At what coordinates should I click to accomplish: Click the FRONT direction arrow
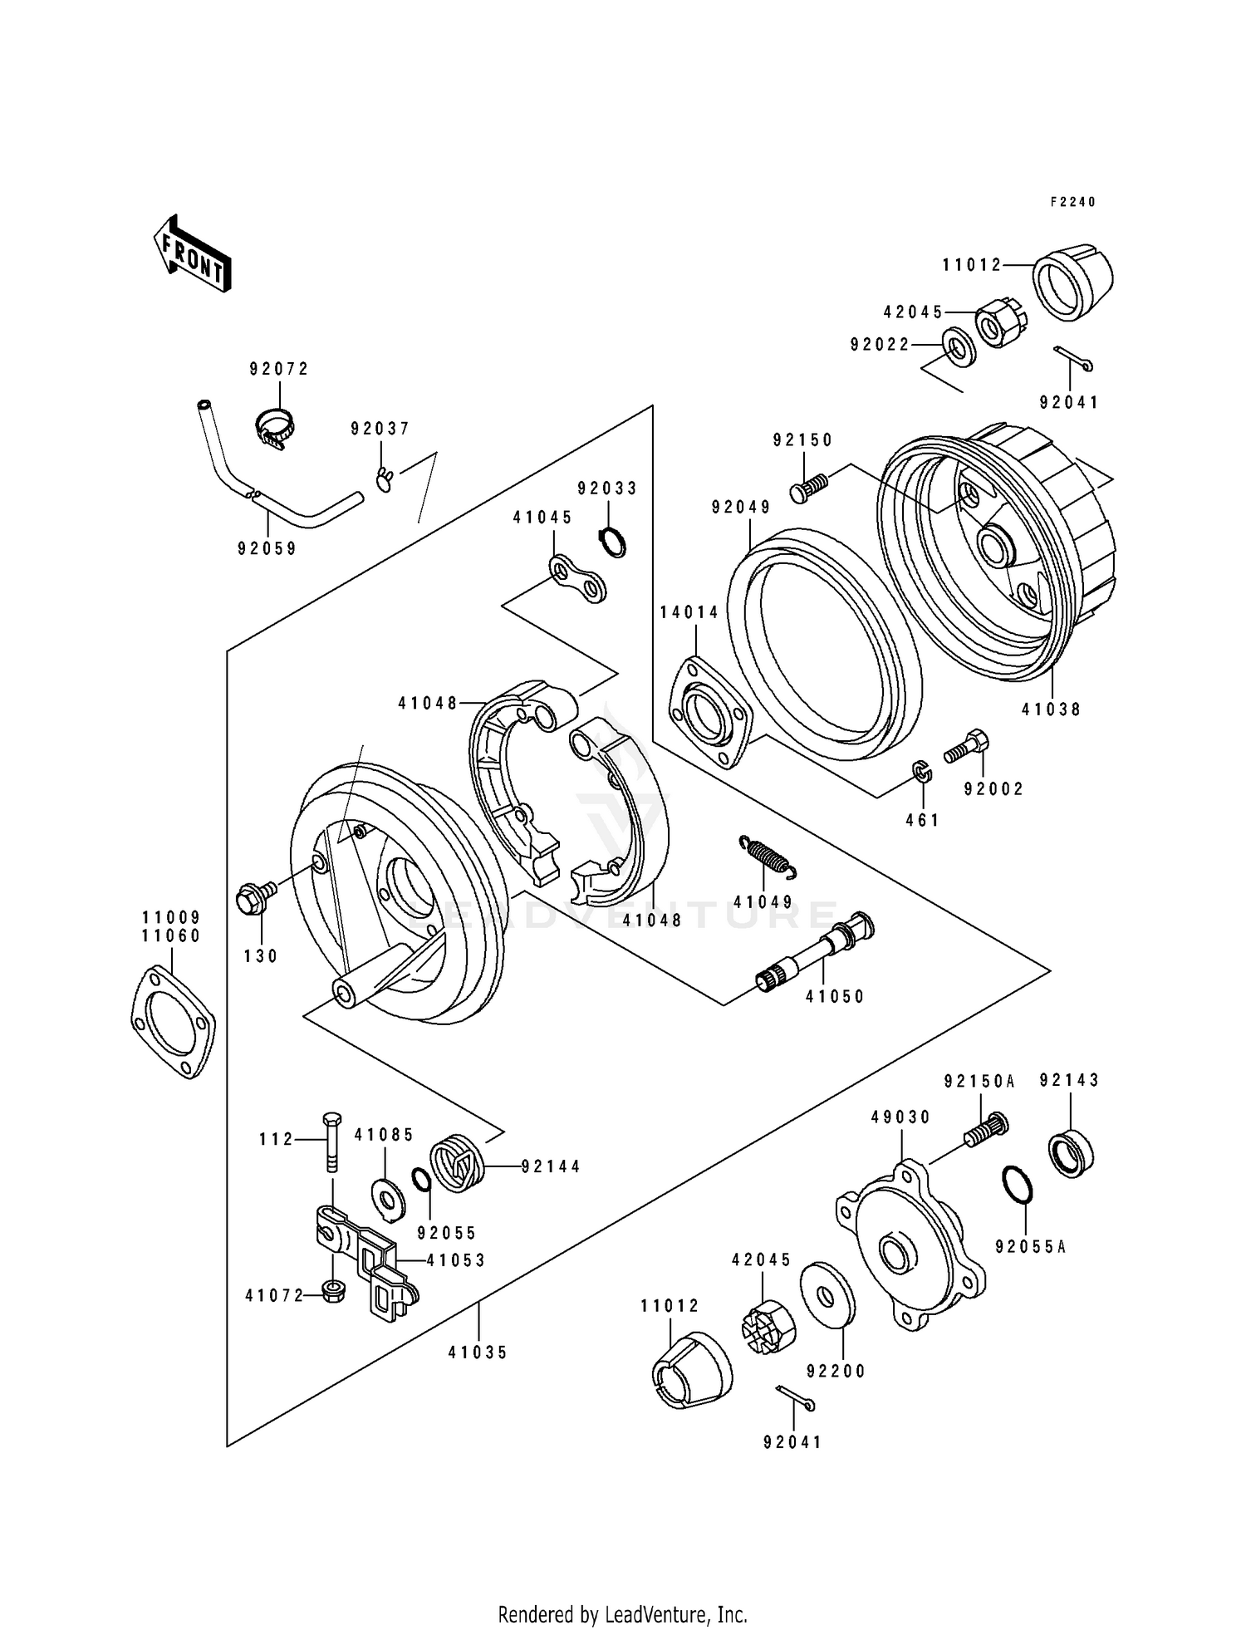click(x=192, y=253)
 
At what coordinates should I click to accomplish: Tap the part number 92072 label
click(x=279, y=369)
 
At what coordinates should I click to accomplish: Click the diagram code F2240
click(x=1072, y=202)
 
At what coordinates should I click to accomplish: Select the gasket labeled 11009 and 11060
click(x=174, y=1021)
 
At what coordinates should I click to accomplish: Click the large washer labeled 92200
click(x=827, y=1292)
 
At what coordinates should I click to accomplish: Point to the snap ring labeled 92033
click(x=613, y=542)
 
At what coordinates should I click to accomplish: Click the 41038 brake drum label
click(x=1051, y=709)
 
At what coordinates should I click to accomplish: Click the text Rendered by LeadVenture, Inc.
click(x=622, y=1614)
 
